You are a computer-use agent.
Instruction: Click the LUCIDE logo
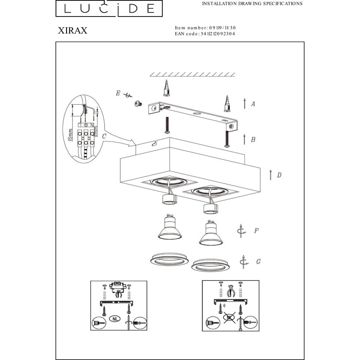(109, 8)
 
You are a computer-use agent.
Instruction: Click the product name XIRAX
(73, 31)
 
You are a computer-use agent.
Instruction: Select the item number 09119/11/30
(222, 28)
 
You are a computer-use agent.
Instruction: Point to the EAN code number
(218, 34)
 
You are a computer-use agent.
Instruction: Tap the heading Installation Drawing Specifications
(252, 4)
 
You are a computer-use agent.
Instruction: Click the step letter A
(253, 104)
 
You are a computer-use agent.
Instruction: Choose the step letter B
(253, 140)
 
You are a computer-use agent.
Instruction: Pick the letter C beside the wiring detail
(104, 136)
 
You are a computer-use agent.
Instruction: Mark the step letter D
(279, 175)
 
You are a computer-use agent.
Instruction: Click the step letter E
(118, 93)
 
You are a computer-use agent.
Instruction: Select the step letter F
(256, 230)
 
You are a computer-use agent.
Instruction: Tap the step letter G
(258, 261)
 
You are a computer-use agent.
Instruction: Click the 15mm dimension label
(70, 135)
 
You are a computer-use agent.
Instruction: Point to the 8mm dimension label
(95, 131)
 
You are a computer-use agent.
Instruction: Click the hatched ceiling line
(192, 75)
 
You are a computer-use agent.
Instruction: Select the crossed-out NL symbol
(229, 318)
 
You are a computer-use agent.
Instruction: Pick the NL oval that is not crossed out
(115, 319)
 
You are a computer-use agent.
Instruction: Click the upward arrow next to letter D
(271, 175)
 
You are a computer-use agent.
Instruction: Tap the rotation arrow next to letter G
(243, 262)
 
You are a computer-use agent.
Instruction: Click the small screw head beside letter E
(138, 104)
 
